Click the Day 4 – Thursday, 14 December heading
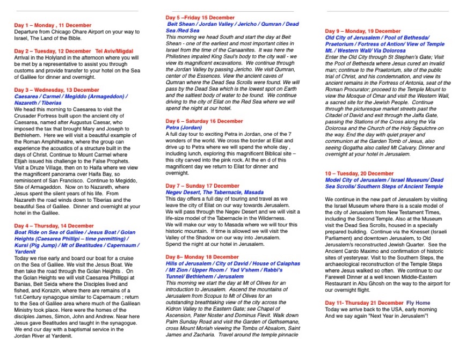pos(54,226)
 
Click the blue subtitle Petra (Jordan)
pos(185,128)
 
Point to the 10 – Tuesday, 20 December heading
pos(359,173)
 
